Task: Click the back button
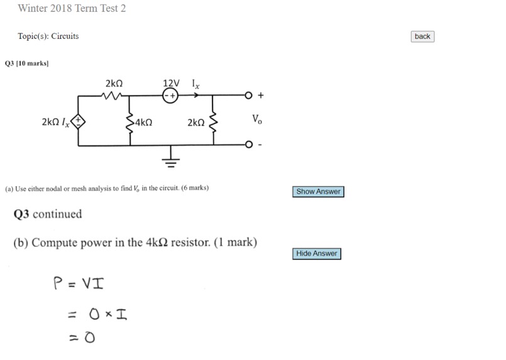422,36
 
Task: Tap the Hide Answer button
317,254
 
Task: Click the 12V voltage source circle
170,95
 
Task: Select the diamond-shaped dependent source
78,122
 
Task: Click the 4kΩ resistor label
143,123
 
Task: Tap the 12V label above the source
171,83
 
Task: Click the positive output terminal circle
248,95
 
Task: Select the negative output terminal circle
248,145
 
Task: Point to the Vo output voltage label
257,119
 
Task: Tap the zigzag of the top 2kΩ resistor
111,95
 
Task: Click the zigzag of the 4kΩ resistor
129,123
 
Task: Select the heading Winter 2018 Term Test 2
72,8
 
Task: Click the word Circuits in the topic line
65,36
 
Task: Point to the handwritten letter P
58,283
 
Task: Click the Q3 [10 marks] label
27,63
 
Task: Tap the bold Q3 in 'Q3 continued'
21,214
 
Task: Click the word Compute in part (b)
55,243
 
